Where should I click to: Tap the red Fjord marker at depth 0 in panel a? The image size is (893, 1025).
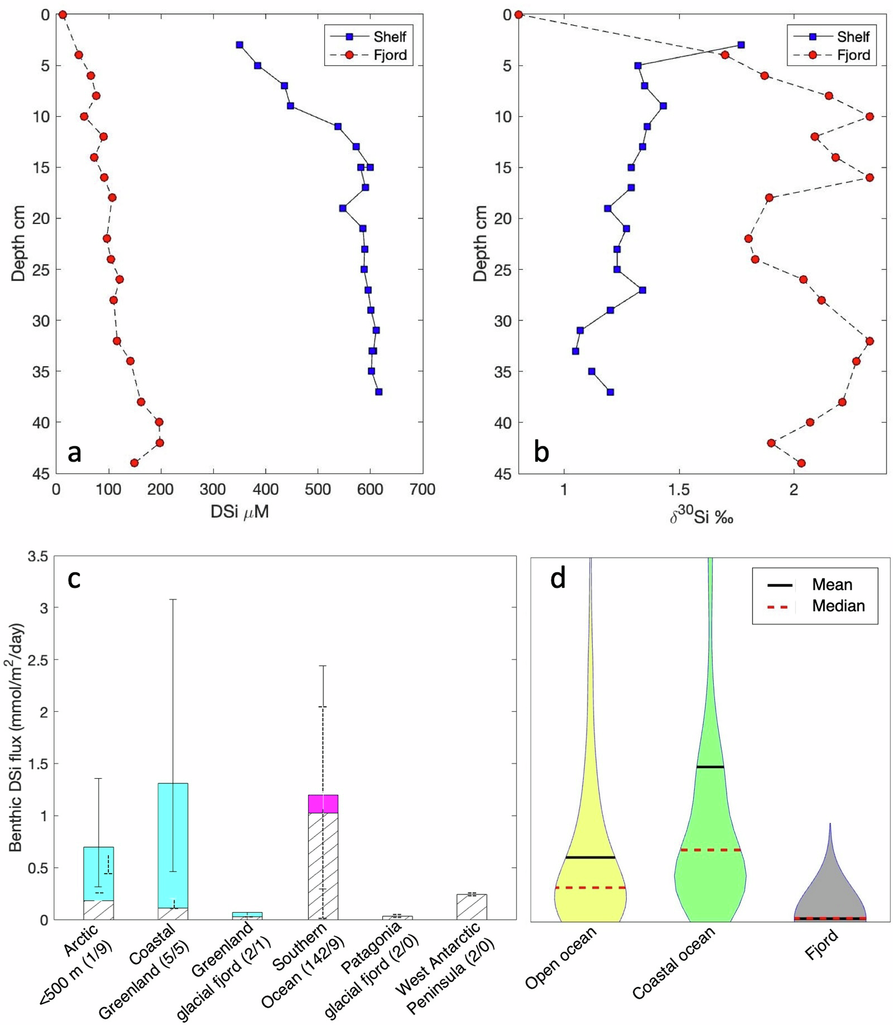click(63, 15)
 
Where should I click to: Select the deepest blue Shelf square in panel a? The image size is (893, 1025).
click(379, 392)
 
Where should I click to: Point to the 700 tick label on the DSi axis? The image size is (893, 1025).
click(422, 489)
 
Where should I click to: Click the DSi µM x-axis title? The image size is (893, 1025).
click(240, 512)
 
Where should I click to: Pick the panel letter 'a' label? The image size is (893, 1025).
click(74, 453)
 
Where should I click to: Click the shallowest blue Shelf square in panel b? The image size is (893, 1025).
click(741, 45)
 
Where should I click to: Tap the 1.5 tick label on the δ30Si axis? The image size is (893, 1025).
click(679, 489)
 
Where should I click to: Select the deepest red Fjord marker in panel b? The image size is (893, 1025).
click(801, 463)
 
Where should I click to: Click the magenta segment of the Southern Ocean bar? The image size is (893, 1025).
click(323, 803)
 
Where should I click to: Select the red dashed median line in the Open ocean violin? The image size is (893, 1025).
click(590, 888)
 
